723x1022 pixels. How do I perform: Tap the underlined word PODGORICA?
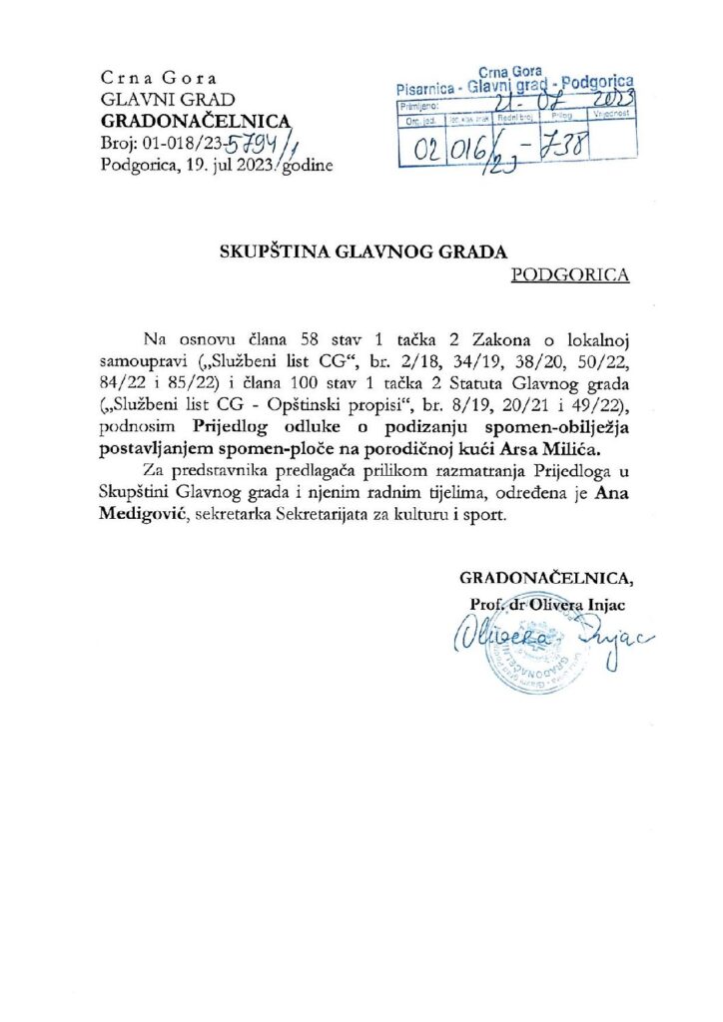pyautogui.click(x=570, y=275)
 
